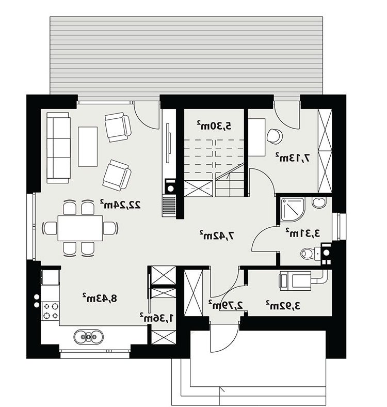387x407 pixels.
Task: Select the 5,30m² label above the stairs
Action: pos(214,126)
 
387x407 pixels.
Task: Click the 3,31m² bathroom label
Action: pos(303,233)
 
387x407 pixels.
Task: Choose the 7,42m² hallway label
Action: pos(217,235)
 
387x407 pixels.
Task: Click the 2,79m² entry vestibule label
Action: pos(225,305)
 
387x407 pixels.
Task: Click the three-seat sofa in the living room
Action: pos(58,148)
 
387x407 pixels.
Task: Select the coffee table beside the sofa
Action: pos(88,146)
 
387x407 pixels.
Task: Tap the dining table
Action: pos(80,228)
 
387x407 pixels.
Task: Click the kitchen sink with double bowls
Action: pos(88,337)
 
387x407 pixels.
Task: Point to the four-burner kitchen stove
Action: pos(51,311)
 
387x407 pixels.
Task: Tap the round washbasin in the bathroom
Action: pos(319,202)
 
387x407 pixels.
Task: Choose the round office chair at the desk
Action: pos(274,136)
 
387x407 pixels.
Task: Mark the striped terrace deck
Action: pos(186,56)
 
